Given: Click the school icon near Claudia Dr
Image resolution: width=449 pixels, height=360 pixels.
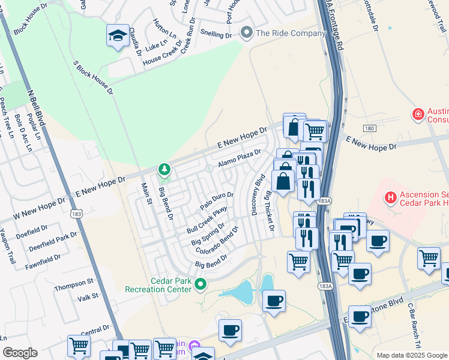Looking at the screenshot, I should [118, 36].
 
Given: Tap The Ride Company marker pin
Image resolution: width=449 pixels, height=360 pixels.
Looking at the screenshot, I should [246, 32].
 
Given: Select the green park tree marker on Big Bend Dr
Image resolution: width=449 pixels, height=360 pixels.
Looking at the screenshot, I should [164, 170].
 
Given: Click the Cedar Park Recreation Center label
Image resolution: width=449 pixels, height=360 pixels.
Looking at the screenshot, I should [158, 285].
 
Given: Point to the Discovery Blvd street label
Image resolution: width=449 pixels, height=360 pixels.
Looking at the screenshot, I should [258, 194].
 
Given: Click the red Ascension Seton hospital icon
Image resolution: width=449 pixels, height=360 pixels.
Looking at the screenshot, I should [391, 196].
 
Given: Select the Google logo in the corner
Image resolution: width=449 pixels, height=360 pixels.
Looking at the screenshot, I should [20, 353].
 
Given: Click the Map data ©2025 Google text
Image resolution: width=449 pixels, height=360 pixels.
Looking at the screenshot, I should [412, 355].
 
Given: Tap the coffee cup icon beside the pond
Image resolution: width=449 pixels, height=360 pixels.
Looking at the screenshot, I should [274, 301].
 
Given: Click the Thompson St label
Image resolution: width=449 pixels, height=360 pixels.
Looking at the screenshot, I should [74, 281].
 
